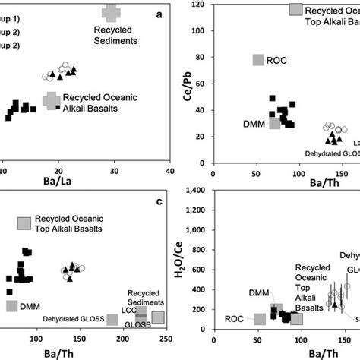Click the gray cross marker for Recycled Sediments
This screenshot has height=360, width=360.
[x=111, y=13]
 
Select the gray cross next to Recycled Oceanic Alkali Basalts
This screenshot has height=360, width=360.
[x=52, y=100]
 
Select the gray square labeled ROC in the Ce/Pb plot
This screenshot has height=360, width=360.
[x=258, y=60]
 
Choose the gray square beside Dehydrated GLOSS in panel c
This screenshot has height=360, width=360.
[x=112, y=320]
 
